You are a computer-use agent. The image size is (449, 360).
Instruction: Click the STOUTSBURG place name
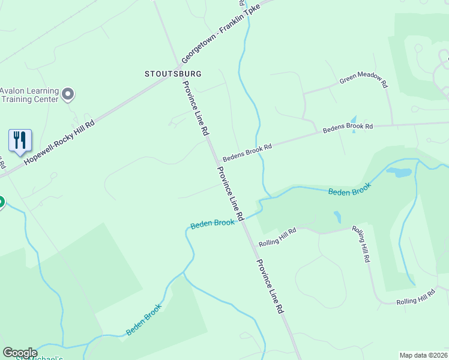point(173,74)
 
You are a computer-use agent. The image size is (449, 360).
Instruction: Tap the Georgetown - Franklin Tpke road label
point(222,34)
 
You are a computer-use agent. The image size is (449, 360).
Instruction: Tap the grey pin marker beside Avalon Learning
point(68,94)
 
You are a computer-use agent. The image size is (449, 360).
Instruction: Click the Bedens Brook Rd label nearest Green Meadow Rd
point(348,127)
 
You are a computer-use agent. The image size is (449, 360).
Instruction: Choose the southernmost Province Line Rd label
point(270,287)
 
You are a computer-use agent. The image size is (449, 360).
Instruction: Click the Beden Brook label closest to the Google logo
point(143,323)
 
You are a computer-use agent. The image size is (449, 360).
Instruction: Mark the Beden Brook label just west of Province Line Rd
point(212,223)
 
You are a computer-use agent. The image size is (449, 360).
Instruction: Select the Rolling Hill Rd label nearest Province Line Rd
point(277,238)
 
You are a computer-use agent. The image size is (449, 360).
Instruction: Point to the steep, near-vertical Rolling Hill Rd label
point(361,244)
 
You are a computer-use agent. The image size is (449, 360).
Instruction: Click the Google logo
point(20,353)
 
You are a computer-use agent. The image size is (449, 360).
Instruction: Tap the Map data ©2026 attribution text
point(423,355)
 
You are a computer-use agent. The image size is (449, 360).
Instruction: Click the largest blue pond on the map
point(399,172)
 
